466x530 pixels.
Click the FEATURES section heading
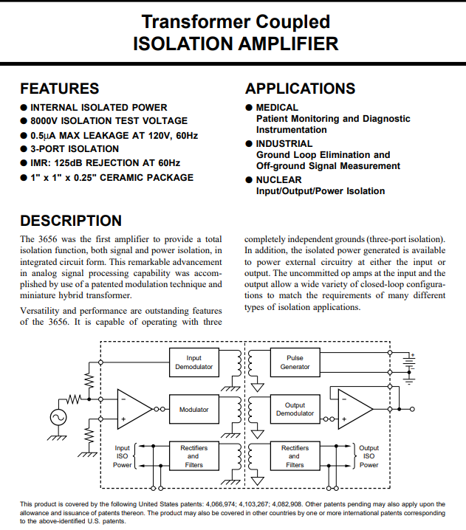point(59,89)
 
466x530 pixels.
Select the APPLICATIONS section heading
point(300,89)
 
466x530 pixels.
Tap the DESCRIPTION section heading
point(71,221)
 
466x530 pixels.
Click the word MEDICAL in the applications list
point(277,108)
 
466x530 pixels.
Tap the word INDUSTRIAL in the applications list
point(284,143)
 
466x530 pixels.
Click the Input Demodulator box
point(194,362)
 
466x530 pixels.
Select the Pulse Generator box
point(295,362)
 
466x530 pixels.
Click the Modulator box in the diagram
point(194,410)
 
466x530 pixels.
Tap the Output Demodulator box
point(295,410)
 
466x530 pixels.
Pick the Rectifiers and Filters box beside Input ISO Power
point(194,456)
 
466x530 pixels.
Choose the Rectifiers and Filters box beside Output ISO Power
point(295,456)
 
